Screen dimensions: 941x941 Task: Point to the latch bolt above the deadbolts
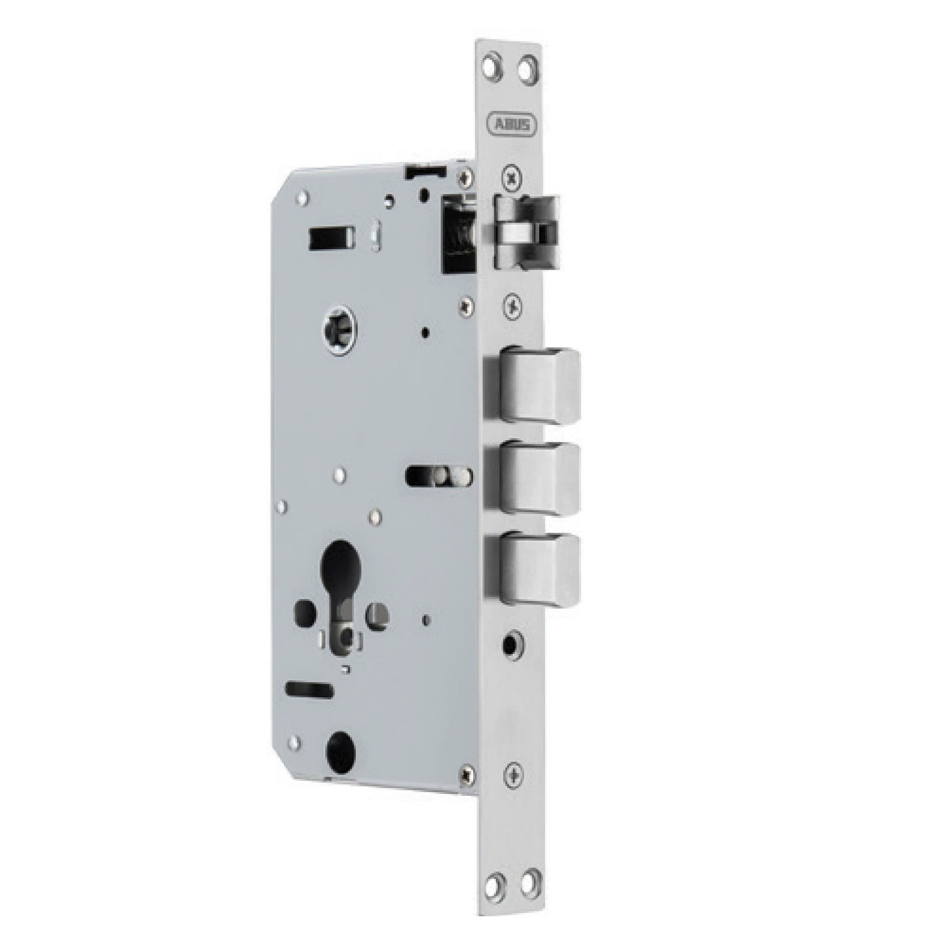(x=526, y=231)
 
